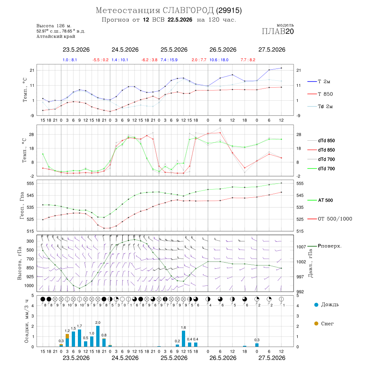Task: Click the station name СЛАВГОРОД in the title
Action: [188, 10]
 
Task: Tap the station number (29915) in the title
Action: [229, 10]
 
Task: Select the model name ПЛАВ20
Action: [278, 31]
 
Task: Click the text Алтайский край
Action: [56, 36]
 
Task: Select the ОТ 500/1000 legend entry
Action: [329, 219]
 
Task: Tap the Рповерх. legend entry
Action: [324, 246]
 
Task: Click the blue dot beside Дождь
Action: [316, 305]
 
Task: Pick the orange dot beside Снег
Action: [316, 323]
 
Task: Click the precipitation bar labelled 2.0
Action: [98, 336]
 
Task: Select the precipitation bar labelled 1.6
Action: [183, 338]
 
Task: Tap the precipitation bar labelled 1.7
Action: [80, 338]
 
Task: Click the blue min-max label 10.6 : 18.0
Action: [219, 60]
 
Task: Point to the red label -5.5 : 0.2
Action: [100, 60]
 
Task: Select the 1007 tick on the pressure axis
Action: [301, 247]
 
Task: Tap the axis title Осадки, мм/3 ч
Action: [26, 321]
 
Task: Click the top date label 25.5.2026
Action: [174, 50]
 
